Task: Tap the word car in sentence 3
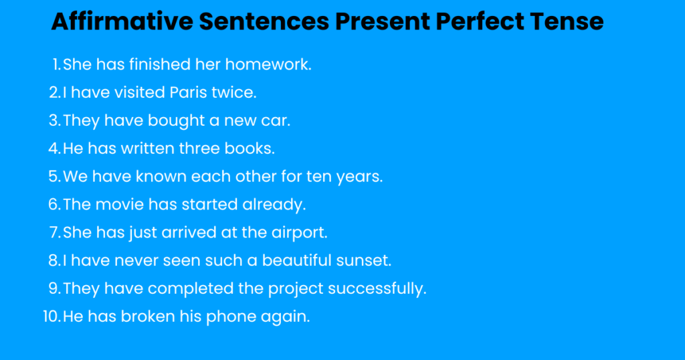click(277, 121)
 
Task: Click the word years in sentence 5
click(359, 177)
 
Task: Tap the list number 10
click(52, 317)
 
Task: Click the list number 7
click(54, 233)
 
